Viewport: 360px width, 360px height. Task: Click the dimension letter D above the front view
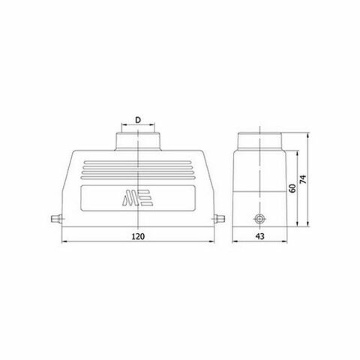pos(139,119)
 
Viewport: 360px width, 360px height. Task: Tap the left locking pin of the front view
pos(54,219)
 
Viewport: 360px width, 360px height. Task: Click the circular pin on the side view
pos(259,220)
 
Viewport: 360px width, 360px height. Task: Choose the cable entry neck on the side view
pos(259,141)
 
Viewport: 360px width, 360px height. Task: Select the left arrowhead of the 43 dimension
pos(234,241)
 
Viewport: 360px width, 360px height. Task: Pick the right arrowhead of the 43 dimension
pos(285,241)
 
